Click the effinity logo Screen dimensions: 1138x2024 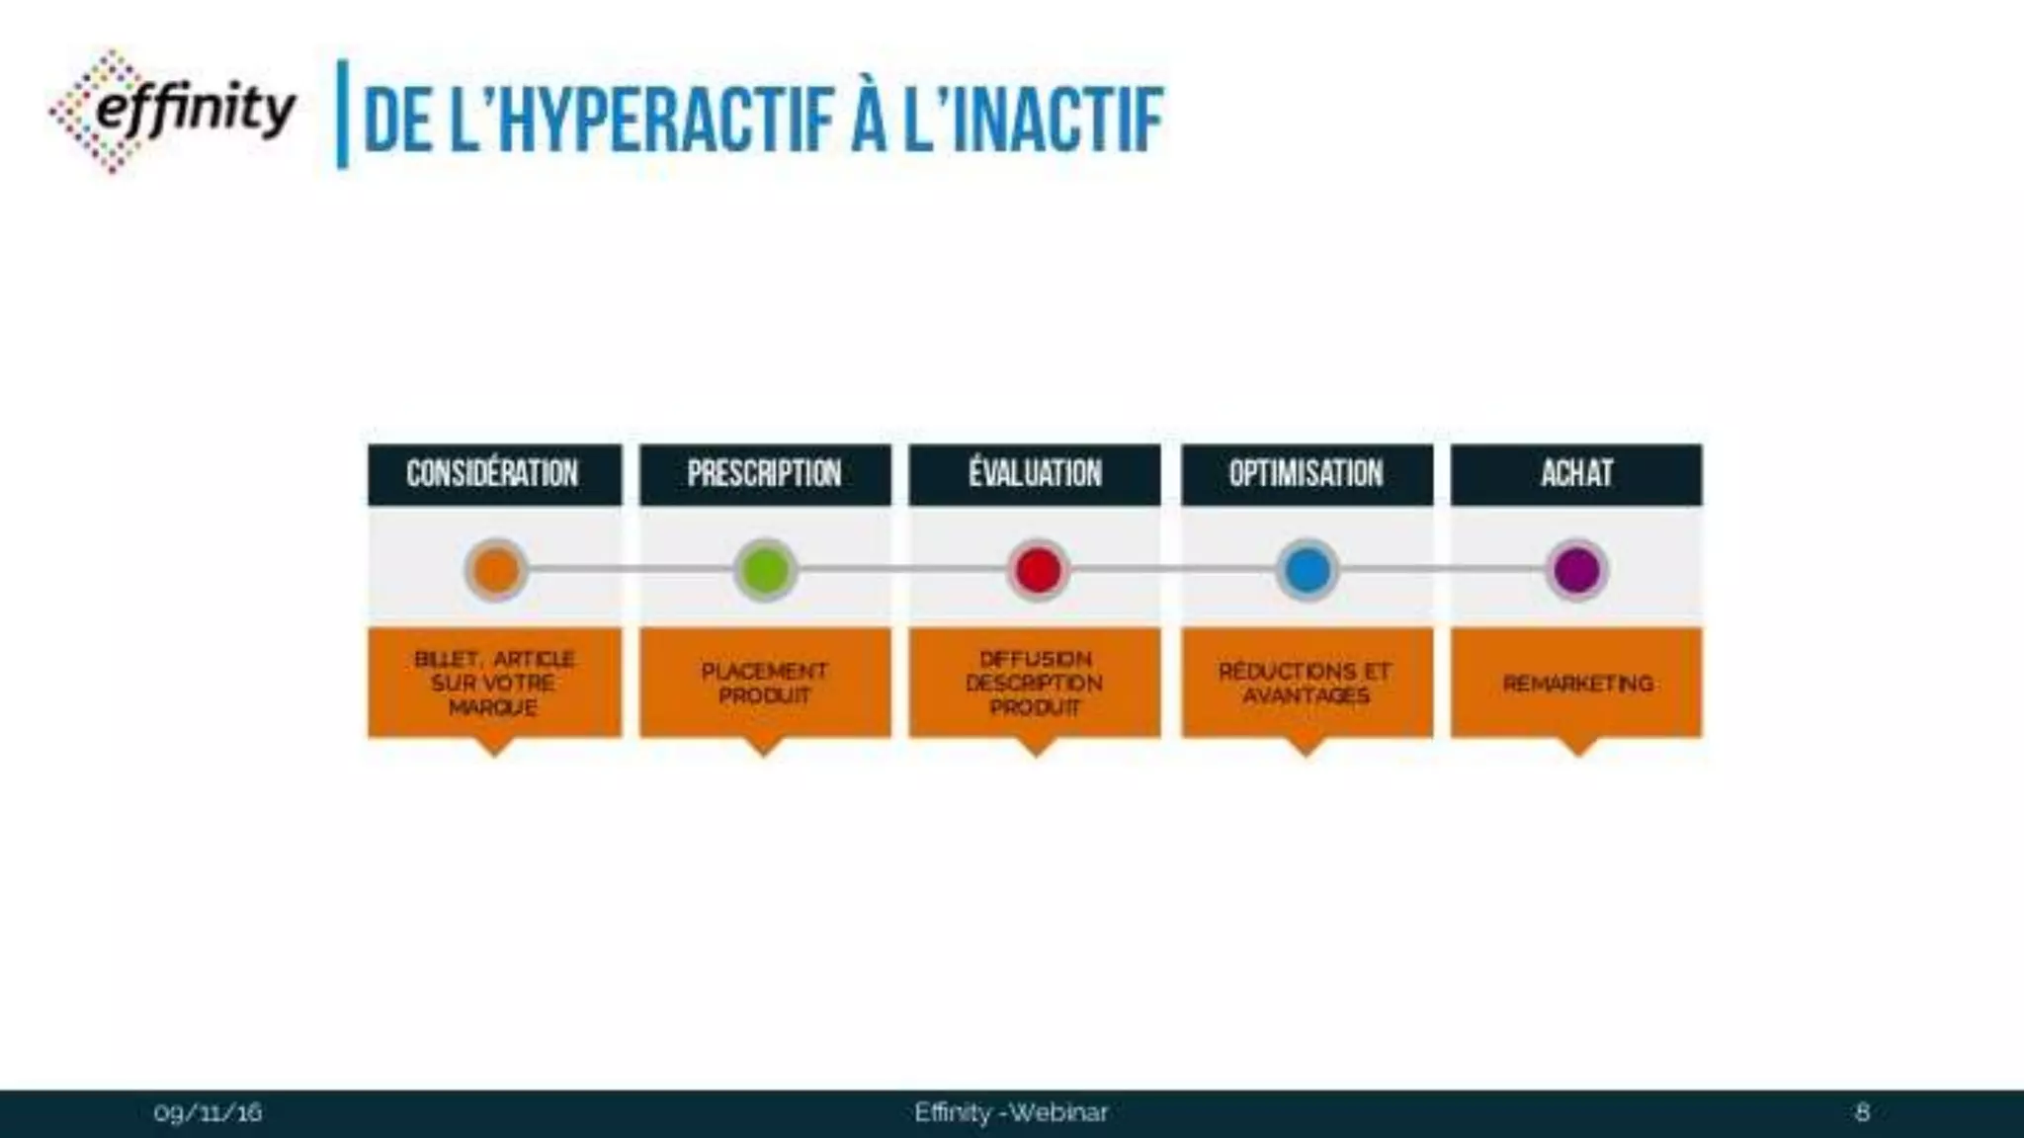[173, 111]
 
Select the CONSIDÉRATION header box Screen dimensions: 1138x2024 [494, 474]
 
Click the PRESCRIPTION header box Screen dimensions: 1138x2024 [765, 474]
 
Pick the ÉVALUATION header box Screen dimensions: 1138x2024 [1035, 474]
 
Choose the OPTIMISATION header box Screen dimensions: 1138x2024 [1307, 474]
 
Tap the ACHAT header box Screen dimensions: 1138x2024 [1576, 474]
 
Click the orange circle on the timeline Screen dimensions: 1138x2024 [496, 570]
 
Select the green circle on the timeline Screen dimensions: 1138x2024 [766, 570]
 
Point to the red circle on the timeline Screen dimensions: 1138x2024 [1038, 570]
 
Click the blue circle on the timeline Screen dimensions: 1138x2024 [1307, 570]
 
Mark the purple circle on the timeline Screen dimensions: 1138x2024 [1577, 570]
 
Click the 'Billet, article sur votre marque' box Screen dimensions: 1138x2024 [494, 683]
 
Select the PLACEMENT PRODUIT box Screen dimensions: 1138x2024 [765, 683]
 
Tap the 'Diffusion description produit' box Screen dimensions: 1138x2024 [1035, 683]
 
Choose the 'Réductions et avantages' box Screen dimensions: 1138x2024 [1307, 683]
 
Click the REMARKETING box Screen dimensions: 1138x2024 [1576, 683]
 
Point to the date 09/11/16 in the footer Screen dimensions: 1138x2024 [208, 1113]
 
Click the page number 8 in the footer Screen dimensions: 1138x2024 [1862, 1113]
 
